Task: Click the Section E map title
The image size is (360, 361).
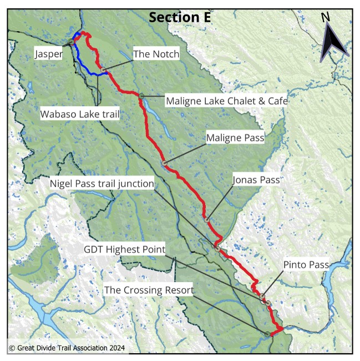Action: point(180,17)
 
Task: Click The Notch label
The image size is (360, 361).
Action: point(156,54)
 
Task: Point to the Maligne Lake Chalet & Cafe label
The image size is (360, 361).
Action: point(226,101)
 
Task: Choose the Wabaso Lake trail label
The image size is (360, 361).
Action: point(81,113)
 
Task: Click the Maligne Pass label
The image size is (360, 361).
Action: point(235,137)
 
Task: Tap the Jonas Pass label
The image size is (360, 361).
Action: point(256,180)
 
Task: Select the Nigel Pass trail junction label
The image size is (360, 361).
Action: point(102,184)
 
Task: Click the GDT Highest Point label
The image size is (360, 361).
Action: point(124,249)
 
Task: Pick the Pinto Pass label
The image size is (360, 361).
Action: point(306,265)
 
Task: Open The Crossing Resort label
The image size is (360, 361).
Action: point(149,290)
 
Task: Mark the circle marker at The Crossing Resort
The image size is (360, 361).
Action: point(267,334)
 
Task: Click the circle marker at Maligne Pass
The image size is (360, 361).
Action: point(164,163)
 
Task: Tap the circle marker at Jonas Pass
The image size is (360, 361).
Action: point(207,220)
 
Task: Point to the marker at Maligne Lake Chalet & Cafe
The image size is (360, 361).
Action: point(142,96)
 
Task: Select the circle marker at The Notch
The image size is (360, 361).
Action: point(103,69)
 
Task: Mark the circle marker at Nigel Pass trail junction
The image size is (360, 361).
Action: point(217,248)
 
